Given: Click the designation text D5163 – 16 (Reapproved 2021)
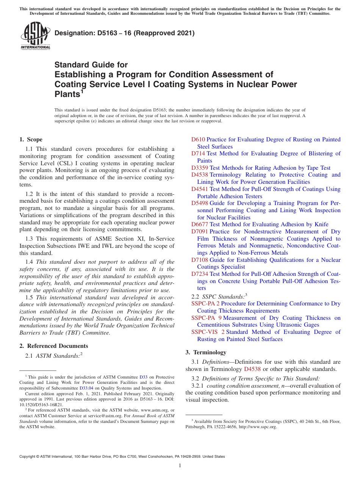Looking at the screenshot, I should pos(124,33).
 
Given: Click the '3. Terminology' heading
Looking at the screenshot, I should pos(206,352).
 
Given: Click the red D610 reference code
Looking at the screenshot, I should pos(198,139).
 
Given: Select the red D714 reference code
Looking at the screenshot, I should pos(198,153).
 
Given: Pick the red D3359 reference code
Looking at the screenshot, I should pos(200,168).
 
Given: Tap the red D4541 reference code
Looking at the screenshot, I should pos(200,189).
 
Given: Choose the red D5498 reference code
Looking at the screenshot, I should pos(200,203).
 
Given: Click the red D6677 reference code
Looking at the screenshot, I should pos(200,224).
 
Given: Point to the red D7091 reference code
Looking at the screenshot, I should pos(200,232).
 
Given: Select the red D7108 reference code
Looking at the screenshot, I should pos(200,260).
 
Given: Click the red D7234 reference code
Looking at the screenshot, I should pos(200,274).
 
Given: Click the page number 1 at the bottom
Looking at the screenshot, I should pos(180,465).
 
